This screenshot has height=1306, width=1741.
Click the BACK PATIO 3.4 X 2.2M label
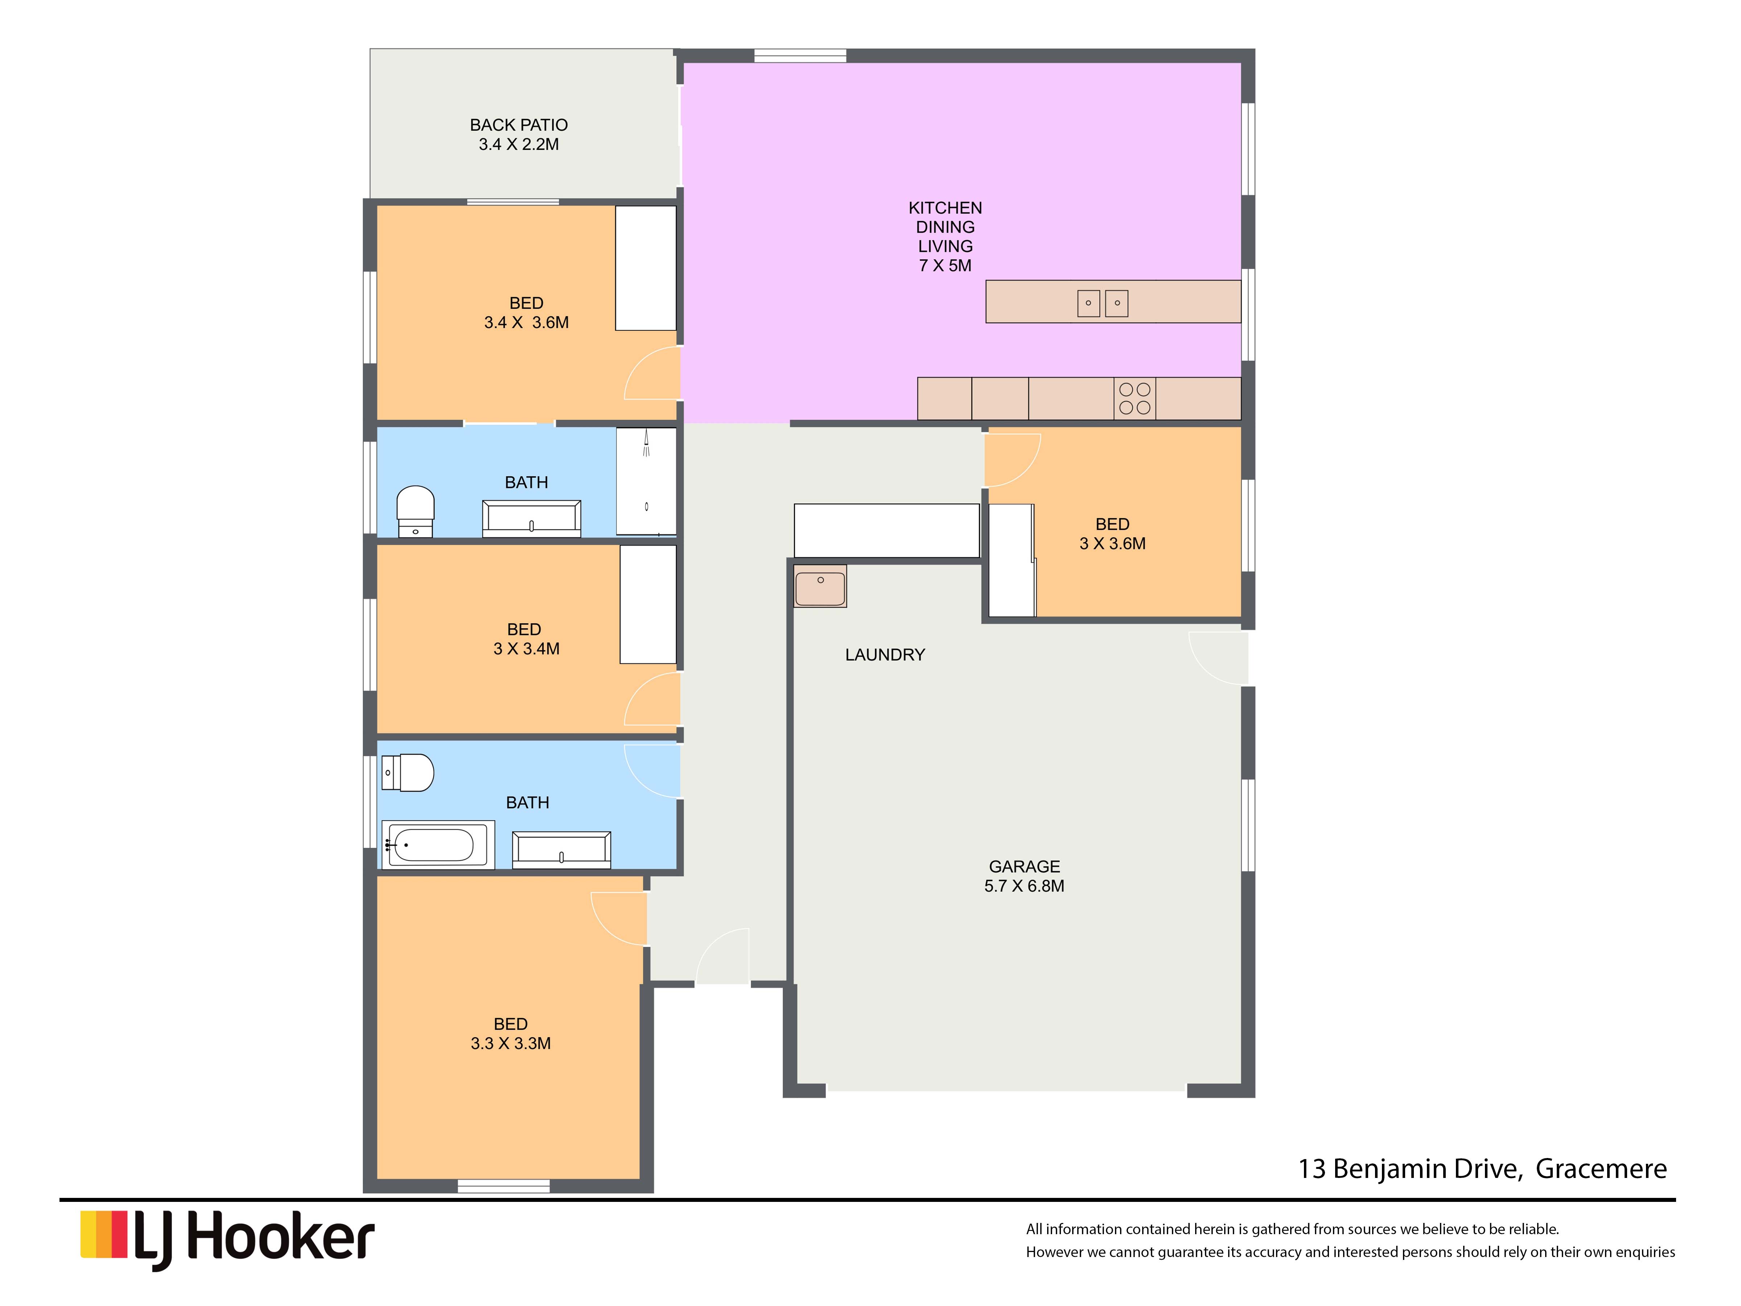pyautogui.click(x=519, y=135)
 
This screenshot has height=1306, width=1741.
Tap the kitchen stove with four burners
pyautogui.click(x=1134, y=398)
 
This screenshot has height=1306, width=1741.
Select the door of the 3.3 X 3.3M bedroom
pyautogui.click(x=619, y=918)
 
